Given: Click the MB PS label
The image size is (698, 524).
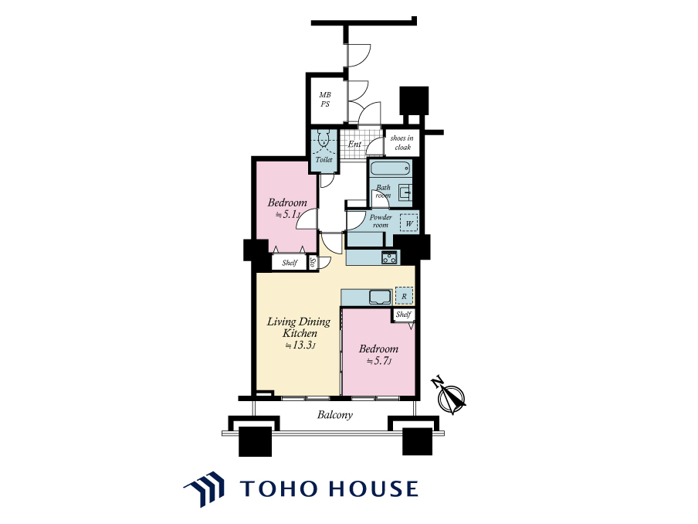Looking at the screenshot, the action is tap(325, 100).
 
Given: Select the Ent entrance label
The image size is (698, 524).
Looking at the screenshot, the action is tap(354, 145).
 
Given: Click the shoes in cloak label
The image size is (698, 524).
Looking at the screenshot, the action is tap(402, 142).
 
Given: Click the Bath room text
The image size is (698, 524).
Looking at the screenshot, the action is tap(383, 191).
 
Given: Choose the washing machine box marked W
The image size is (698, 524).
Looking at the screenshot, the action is tap(408, 223).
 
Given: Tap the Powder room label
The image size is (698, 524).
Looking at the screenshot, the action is tap(381, 221).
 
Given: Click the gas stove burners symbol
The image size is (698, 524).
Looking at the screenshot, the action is tap(389, 257).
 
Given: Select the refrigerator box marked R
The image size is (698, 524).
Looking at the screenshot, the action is tap(404, 296).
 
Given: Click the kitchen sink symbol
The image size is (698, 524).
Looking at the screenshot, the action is tap(379, 297).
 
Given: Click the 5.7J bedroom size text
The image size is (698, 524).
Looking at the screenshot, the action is tap(379, 361).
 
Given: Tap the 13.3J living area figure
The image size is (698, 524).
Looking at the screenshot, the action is tap(301, 345).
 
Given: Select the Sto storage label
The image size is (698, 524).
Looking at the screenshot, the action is tap(313, 262).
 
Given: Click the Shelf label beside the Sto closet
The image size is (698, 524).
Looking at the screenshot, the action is tap(290, 263).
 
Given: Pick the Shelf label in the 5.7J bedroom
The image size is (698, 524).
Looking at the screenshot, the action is tap(404, 315).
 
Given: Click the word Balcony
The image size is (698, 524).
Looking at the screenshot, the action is tap(335, 415).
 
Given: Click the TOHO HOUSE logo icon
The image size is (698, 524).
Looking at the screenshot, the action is tap(205, 489).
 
